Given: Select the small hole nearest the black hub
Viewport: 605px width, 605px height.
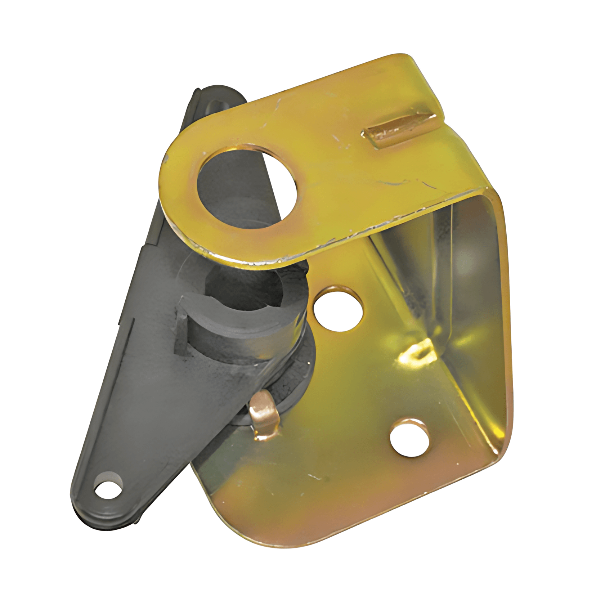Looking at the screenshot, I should (338, 309).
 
